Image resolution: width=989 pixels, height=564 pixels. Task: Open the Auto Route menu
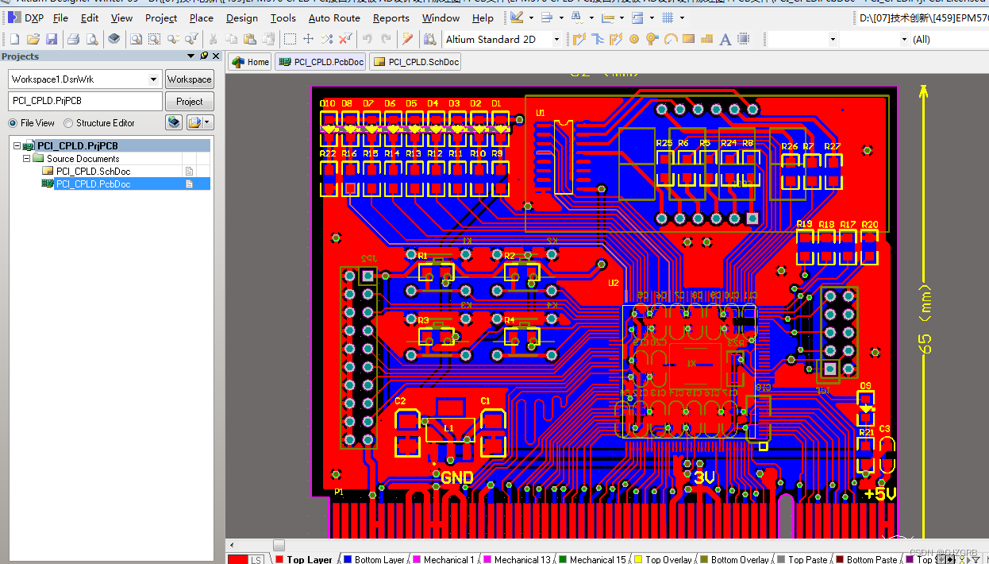click(x=334, y=17)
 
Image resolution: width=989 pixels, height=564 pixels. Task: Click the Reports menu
click(x=391, y=17)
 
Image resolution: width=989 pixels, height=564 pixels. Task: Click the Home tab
click(x=251, y=62)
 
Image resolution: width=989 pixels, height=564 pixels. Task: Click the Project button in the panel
click(x=189, y=101)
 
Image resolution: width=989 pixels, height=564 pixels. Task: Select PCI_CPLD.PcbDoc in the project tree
click(x=93, y=184)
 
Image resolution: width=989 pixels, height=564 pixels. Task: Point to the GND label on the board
click(x=457, y=477)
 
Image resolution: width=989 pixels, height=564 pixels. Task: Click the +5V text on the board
click(x=879, y=494)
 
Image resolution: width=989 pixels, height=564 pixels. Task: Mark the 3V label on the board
click(x=704, y=477)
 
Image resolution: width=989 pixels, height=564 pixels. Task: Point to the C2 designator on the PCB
click(x=400, y=401)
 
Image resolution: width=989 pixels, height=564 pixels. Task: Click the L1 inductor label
click(x=448, y=428)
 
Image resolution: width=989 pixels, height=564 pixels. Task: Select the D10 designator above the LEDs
click(x=327, y=104)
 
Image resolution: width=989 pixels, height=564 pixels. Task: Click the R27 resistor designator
click(x=832, y=147)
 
